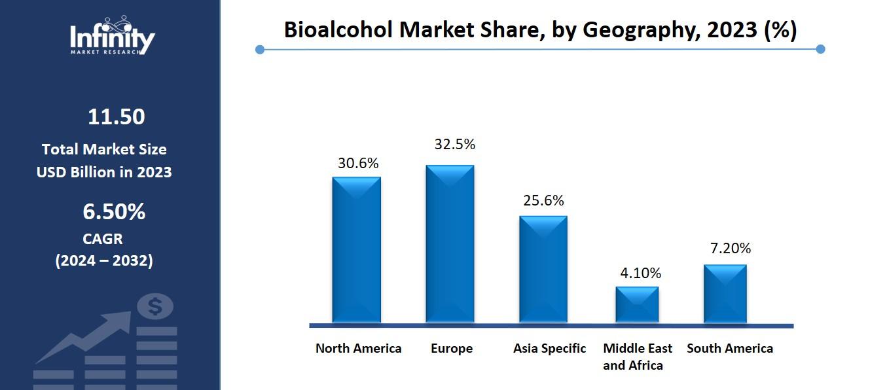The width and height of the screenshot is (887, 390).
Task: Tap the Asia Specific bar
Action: click(543, 269)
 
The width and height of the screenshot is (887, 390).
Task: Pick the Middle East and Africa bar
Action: click(637, 304)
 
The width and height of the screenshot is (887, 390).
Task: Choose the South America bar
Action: click(725, 293)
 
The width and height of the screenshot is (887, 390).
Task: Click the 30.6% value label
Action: click(358, 164)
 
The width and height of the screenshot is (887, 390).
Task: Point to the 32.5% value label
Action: click(455, 144)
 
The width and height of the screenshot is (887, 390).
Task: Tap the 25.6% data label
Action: click(543, 201)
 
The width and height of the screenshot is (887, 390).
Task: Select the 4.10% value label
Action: click(641, 273)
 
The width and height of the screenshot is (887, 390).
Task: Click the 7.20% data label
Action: click(731, 248)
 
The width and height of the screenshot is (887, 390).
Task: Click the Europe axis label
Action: click(452, 348)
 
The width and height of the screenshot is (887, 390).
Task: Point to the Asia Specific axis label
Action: click(549, 348)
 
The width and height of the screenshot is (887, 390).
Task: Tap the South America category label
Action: click(730, 348)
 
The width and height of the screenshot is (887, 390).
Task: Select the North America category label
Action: click(358, 348)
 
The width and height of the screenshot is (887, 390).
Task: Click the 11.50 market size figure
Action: click(116, 116)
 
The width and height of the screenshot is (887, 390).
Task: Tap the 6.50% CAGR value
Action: click(114, 212)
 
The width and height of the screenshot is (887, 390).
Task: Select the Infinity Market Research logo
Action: click(113, 35)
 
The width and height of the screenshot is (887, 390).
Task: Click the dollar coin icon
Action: click(156, 306)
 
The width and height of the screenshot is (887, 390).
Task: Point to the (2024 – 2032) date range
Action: click(104, 260)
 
